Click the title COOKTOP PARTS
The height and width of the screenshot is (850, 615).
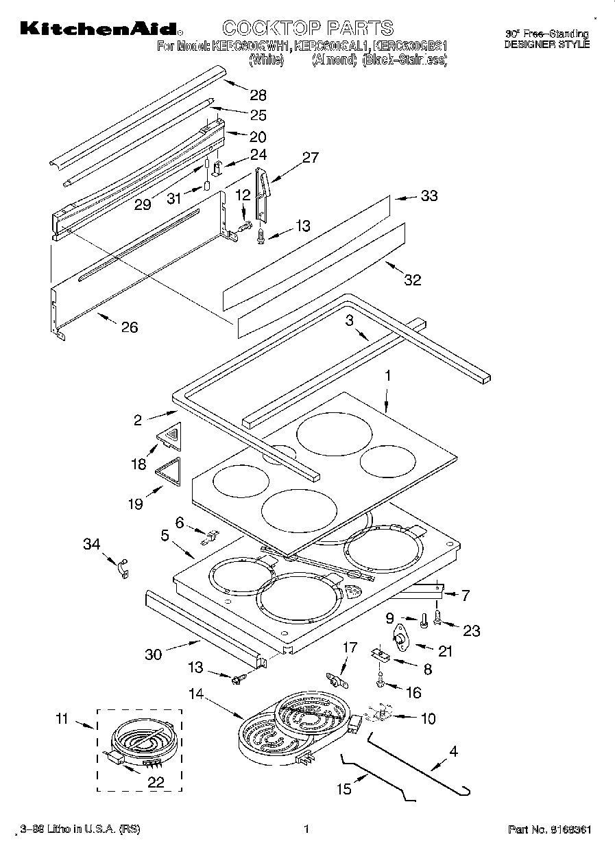pyautogui.click(x=308, y=28)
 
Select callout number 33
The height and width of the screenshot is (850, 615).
pyautogui.click(x=429, y=196)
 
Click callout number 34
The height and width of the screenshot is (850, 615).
pyautogui.click(x=92, y=544)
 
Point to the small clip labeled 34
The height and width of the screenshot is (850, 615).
pyautogui.click(x=123, y=568)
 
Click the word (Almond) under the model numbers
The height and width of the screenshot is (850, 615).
pyautogui.click(x=334, y=60)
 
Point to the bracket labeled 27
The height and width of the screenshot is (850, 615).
pyautogui.click(x=262, y=195)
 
